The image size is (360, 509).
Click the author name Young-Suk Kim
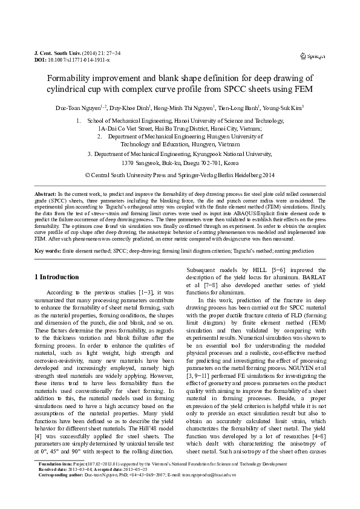point(284,108)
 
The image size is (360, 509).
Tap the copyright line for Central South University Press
point(180,174)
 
